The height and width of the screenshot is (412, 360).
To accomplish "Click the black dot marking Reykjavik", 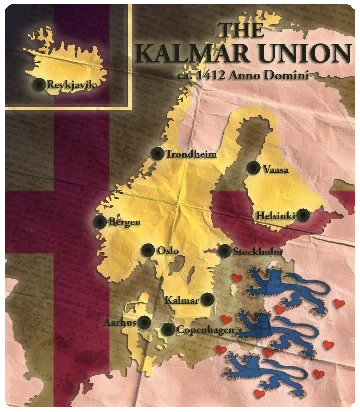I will click(x=39, y=85).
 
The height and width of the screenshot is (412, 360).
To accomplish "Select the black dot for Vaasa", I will click(x=254, y=169).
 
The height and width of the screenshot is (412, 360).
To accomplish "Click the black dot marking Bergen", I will click(x=99, y=222).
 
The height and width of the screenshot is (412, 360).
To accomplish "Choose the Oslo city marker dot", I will click(x=148, y=250).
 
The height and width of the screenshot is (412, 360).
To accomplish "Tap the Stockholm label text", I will click(x=255, y=252).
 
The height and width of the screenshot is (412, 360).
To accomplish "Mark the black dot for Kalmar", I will click(x=208, y=299).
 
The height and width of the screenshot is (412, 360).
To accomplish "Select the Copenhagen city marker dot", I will click(x=167, y=329).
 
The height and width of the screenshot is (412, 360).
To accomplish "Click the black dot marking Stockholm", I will click(x=224, y=252).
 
